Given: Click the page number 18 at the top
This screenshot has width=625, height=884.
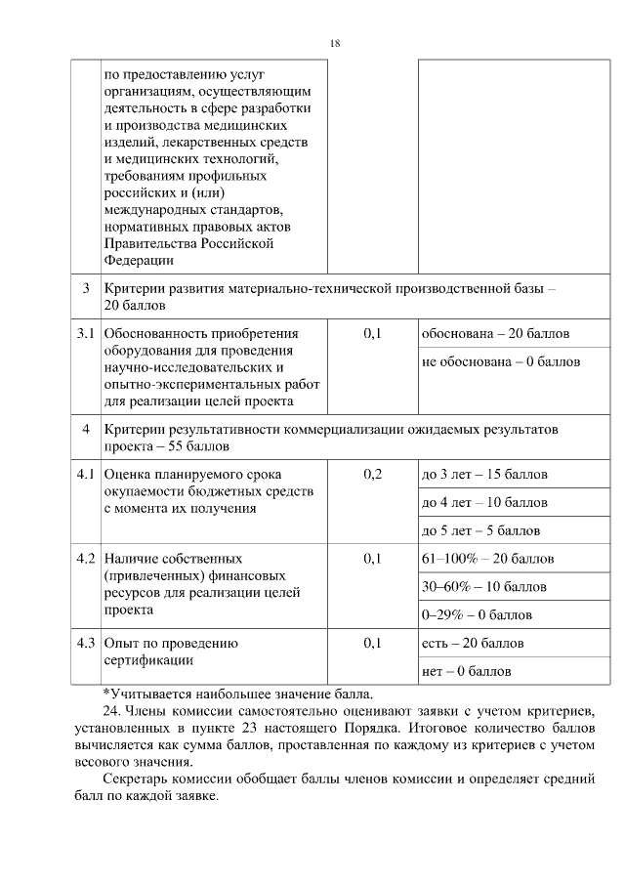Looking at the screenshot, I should (x=335, y=44).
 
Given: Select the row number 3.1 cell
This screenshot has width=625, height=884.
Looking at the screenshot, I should (x=86, y=334).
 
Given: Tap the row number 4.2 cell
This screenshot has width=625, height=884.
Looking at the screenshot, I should (x=86, y=559).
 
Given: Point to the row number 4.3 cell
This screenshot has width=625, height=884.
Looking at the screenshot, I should (x=86, y=644).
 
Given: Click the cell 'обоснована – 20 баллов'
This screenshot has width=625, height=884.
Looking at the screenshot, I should (x=495, y=334).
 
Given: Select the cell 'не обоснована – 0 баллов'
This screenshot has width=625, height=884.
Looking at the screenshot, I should (x=500, y=361).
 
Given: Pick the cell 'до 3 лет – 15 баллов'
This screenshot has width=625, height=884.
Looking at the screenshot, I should (x=483, y=475).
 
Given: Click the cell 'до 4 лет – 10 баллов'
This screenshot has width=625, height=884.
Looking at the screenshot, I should (x=483, y=503).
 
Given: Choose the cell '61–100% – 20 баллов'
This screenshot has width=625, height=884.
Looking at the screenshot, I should (x=487, y=559).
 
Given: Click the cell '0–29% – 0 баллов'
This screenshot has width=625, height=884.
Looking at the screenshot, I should (x=476, y=615).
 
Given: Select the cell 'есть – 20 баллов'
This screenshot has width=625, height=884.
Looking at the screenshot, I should (x=472, y=644).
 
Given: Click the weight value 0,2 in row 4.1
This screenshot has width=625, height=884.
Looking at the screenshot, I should (x=372, y=475).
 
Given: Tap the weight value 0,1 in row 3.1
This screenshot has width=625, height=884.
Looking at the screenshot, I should (x=372, y=334).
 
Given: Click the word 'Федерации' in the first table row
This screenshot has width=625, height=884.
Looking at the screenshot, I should (x=139, y=260).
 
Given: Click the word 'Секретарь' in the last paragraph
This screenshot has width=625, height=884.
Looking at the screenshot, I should (x=136, y=779).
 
